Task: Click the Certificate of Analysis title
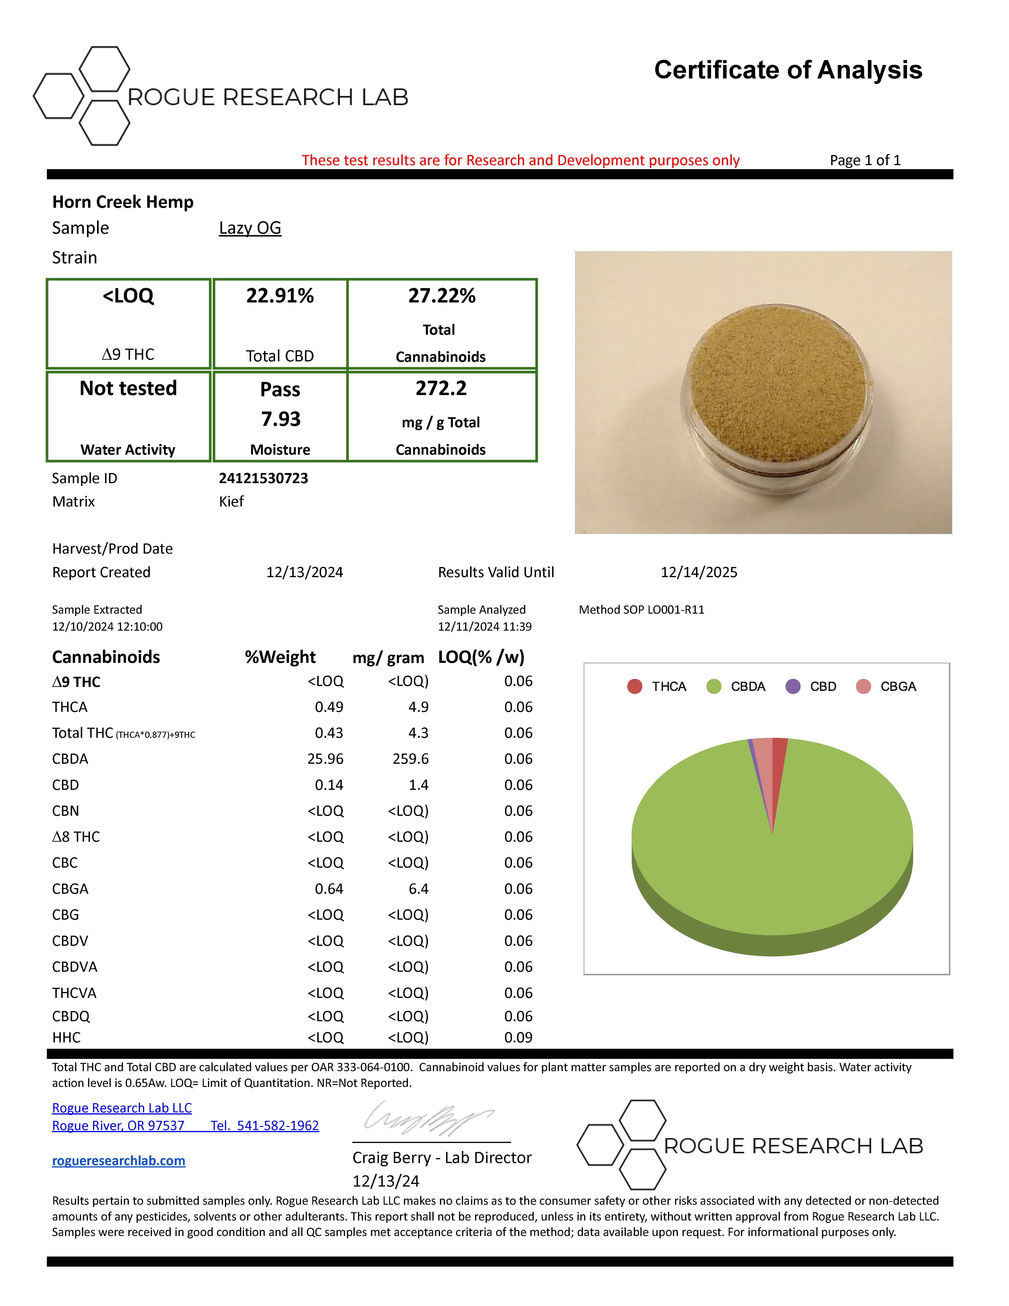pos(788,70)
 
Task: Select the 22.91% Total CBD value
pos(280,296)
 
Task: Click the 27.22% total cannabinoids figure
pos(442,296)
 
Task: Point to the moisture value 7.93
pos(280,419)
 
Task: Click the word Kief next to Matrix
pos(231,502)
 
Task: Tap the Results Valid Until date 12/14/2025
pos(699,572)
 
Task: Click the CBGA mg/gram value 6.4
pos(419,889)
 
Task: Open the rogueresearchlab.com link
pos(118,1161)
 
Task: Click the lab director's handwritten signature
pos(427,1118)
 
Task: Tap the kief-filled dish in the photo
pos(777,383)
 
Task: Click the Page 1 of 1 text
pos(865,160)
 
